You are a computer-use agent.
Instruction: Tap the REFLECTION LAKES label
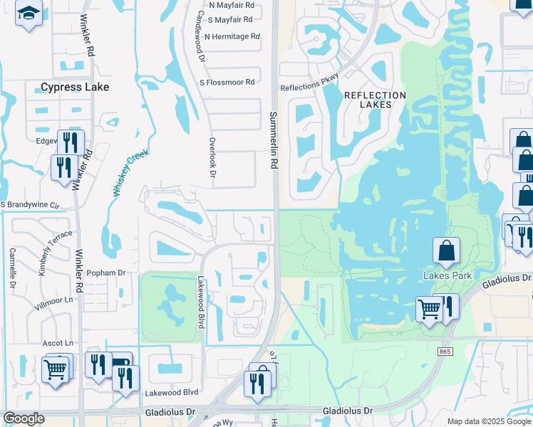click(x=375, y=100)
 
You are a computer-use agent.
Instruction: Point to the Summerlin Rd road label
click(x=273, y=139)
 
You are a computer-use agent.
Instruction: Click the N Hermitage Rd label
click(x=232, y=36)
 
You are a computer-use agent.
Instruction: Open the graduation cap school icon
click(x=29, y=14)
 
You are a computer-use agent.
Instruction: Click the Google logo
click(x=24, y=418)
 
